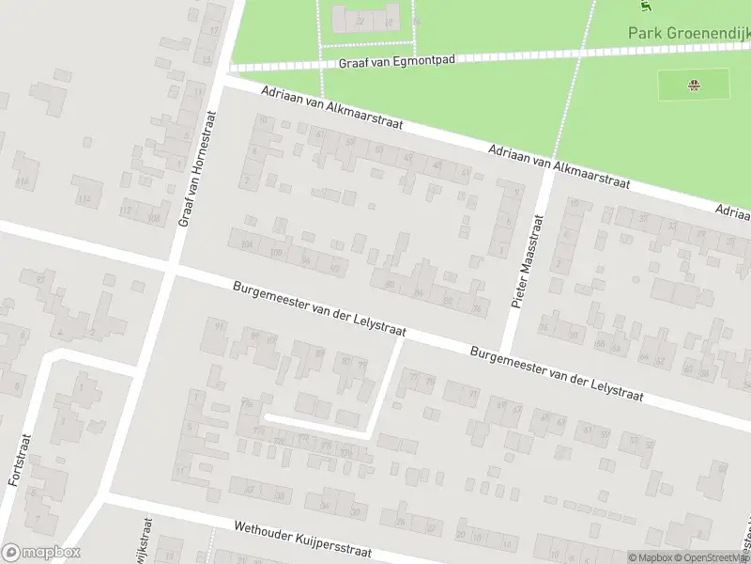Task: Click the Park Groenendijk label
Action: (688, 33)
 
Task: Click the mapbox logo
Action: (40, 553)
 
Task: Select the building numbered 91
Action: (219, 326)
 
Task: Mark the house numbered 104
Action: (248, 245)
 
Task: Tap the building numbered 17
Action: (214, 31)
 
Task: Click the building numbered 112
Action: (126, 211)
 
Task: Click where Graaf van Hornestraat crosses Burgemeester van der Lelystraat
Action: (172, 270)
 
